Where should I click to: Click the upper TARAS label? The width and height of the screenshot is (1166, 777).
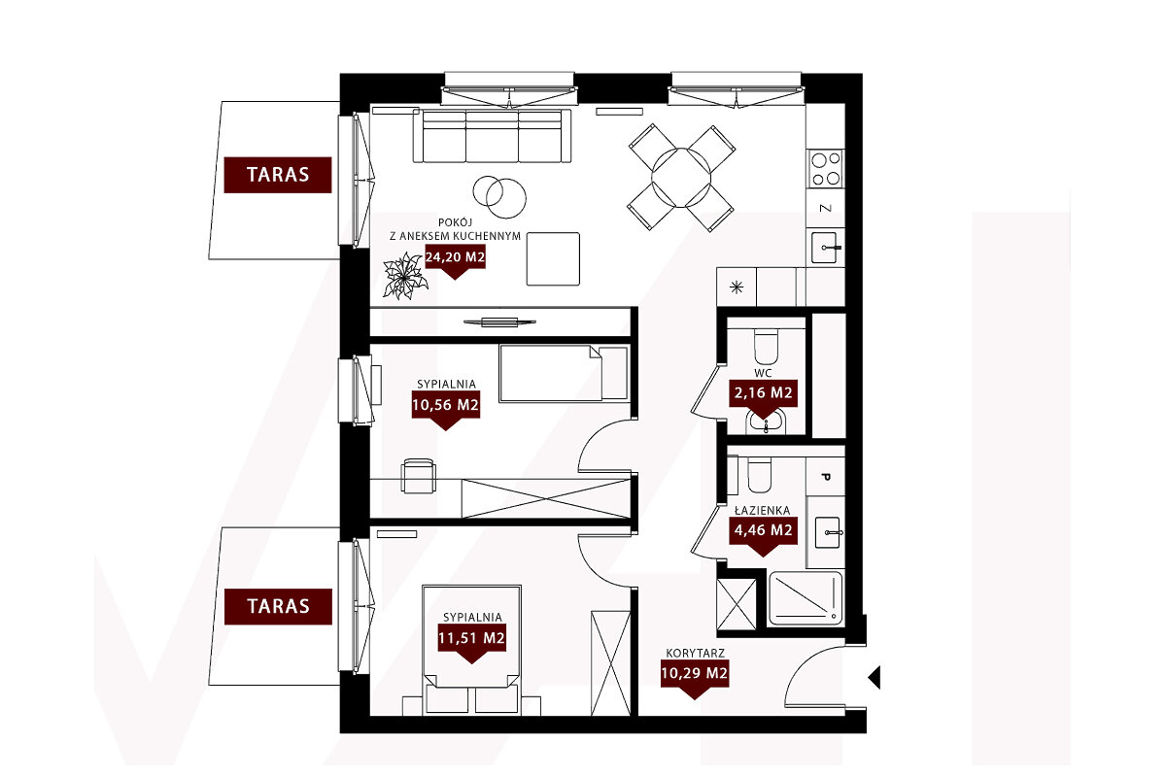tap(278, 175)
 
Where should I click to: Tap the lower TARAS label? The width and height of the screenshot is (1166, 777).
tap(278, 606)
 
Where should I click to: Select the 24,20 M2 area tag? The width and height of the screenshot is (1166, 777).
tap(455, 257)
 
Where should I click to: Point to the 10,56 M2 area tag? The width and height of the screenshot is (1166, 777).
tap(446, 405)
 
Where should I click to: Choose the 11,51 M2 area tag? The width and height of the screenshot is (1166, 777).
tap(471, 638)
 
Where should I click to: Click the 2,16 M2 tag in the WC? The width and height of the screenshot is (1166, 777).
tap(763, 393)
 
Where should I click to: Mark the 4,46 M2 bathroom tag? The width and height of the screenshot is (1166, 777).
tap(763, 531)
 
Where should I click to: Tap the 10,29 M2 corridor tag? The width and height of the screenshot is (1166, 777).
tap(695, 673)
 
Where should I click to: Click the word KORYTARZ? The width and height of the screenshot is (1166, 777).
tap(696, 653)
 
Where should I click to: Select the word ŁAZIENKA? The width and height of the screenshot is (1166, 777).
tap(762, 511)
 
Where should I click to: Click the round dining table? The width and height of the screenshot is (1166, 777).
tap(681, 178)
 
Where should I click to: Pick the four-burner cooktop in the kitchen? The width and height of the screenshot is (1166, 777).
tap(826, 169)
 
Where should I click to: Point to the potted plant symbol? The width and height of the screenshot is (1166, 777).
tap(405, 277)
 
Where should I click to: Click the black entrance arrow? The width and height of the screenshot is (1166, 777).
tap(874, 677)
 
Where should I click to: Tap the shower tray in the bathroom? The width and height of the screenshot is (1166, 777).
tap(806, 598)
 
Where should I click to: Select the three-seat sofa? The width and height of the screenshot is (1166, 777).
tap(492, 136)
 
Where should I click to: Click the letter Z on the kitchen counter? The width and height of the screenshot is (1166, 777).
tap(826, 208)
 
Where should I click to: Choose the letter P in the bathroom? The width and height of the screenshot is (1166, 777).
tap(826, 477)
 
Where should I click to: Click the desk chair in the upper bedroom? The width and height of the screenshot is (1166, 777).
tap(419, 476)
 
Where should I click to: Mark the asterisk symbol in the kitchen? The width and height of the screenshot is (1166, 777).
tap(737, 287)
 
